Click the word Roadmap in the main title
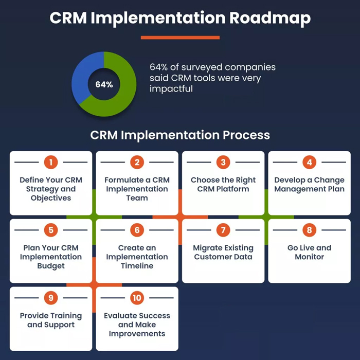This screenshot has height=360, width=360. pyautogui.click(x=269, y=19)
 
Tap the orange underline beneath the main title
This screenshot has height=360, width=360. pyautogui.click(x=180, y=38)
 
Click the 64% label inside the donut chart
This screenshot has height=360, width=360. pyautogui.click(x=103, y=84)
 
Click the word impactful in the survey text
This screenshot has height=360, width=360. pyautogui.click(x=171, y=89)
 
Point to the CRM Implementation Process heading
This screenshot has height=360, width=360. pyautogui.click(x=180, y=135)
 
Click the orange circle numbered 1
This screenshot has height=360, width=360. pyautogui.click(x=51, y=163)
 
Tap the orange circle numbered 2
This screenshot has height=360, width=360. pyautogui.click(x=137, y=163)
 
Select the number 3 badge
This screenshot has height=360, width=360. pyautogui.click(x=223, y=163)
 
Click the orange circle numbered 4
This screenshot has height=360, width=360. pyautogui.click(x=309, y=163)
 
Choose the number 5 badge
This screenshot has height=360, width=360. pyautogui.click(x=51, y=230)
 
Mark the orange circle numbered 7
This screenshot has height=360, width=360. pyautogui.click(x=223, y=230)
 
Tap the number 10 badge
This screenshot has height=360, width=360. pyautogui.click(x=137, y=298)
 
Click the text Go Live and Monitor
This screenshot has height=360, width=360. pyautogui.click(x=309, y=252)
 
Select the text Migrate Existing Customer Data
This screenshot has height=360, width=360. pyautogui.click(x=223, y=252)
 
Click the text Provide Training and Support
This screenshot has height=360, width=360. pyautogui.click(x=51, y=320)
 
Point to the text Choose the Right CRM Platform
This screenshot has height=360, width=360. pyautogui.click(x=223, y=184)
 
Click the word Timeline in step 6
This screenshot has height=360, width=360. pyautogui.click(x=137, y=266)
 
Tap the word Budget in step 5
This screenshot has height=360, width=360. pyautogui.click(x=51, y=266)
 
